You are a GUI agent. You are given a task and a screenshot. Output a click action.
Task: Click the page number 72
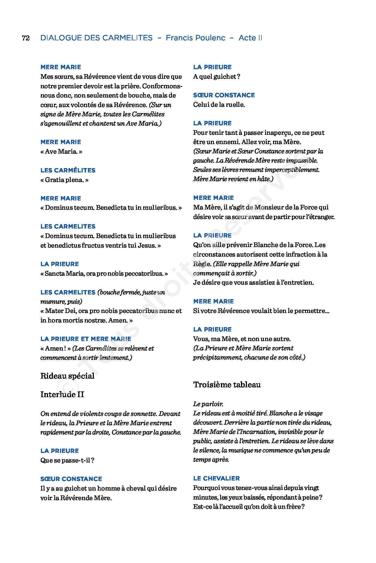tap(26, 38)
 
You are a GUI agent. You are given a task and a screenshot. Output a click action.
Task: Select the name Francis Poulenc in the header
tap(195, 38)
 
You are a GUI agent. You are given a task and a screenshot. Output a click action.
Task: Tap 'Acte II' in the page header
tap(250, 38)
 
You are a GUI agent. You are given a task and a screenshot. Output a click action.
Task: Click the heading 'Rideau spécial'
tap(67, 376)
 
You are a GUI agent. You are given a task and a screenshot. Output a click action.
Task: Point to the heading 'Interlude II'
tap(62, 394)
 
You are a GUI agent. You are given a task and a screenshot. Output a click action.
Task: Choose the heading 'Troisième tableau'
tap(227, 385)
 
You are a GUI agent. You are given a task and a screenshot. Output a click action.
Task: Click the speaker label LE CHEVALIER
tap(216, 479)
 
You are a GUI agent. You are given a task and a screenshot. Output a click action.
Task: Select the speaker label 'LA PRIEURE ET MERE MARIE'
tap(86, 339)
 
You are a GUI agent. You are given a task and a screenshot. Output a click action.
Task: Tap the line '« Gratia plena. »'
tap(64, 180)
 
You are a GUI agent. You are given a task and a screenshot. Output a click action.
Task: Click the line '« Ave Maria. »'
tap(61, 152)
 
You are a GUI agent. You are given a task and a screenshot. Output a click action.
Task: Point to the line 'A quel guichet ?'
tap(217, 77)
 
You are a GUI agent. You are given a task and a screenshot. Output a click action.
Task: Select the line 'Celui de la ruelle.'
tap(219, 105)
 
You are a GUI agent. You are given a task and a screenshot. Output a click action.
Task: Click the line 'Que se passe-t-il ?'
tap(67, 460)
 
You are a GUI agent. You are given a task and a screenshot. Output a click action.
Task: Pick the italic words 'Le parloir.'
tap(208, 404)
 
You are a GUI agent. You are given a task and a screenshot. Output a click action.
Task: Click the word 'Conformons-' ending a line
tap(162, 86)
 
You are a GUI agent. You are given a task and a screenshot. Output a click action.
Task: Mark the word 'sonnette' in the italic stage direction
tap(144, 414)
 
